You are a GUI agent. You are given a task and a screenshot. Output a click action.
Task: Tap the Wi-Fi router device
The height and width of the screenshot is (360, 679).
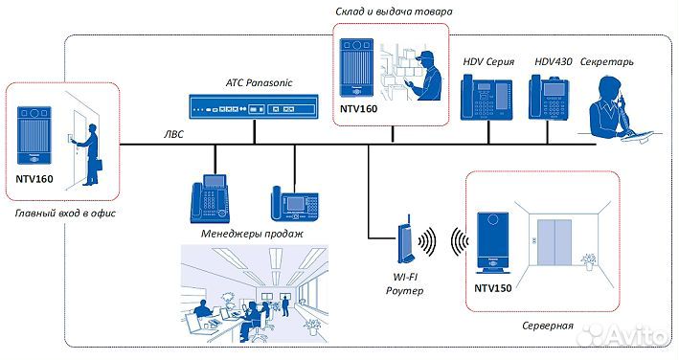(403, 243)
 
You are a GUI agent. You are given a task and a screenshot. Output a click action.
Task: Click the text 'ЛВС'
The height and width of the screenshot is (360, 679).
(172, 135)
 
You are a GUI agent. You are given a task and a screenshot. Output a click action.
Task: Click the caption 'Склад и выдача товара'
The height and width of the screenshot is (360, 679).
(393, 11)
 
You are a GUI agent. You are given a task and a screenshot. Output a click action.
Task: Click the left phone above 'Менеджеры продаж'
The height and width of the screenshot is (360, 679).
(211, 198)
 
